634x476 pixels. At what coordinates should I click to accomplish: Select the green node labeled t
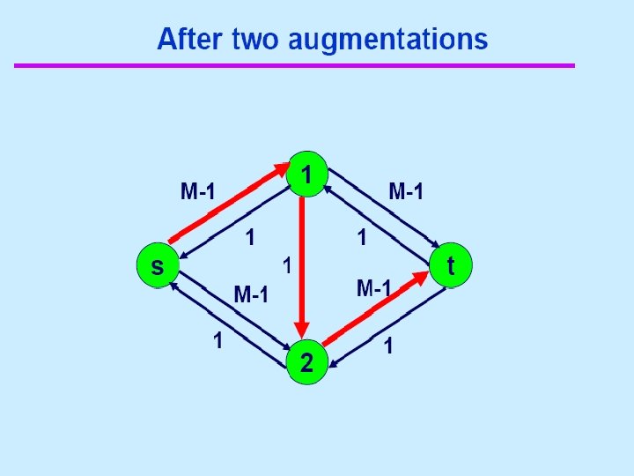click(451, 265)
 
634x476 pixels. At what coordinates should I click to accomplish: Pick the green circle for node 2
click(306, 362)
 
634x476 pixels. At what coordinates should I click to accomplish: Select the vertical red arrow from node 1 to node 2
click(302, 264)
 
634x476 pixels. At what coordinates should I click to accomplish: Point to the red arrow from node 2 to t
click(374, 309)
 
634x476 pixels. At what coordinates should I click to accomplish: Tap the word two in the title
click(255, 40)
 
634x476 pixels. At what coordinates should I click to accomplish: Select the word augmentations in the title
click(387, 40)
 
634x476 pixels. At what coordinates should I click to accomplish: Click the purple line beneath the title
click(294, 65)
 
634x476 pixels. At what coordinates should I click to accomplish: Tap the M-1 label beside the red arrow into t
click(373, 287)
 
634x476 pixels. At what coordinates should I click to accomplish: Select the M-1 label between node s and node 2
click(251, 294)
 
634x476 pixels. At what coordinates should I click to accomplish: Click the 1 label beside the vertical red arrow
click(285, 264)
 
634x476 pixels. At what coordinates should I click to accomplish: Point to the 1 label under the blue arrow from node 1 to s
click(251, 237)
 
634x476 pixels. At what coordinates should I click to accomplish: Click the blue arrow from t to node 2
click(392, 329)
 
